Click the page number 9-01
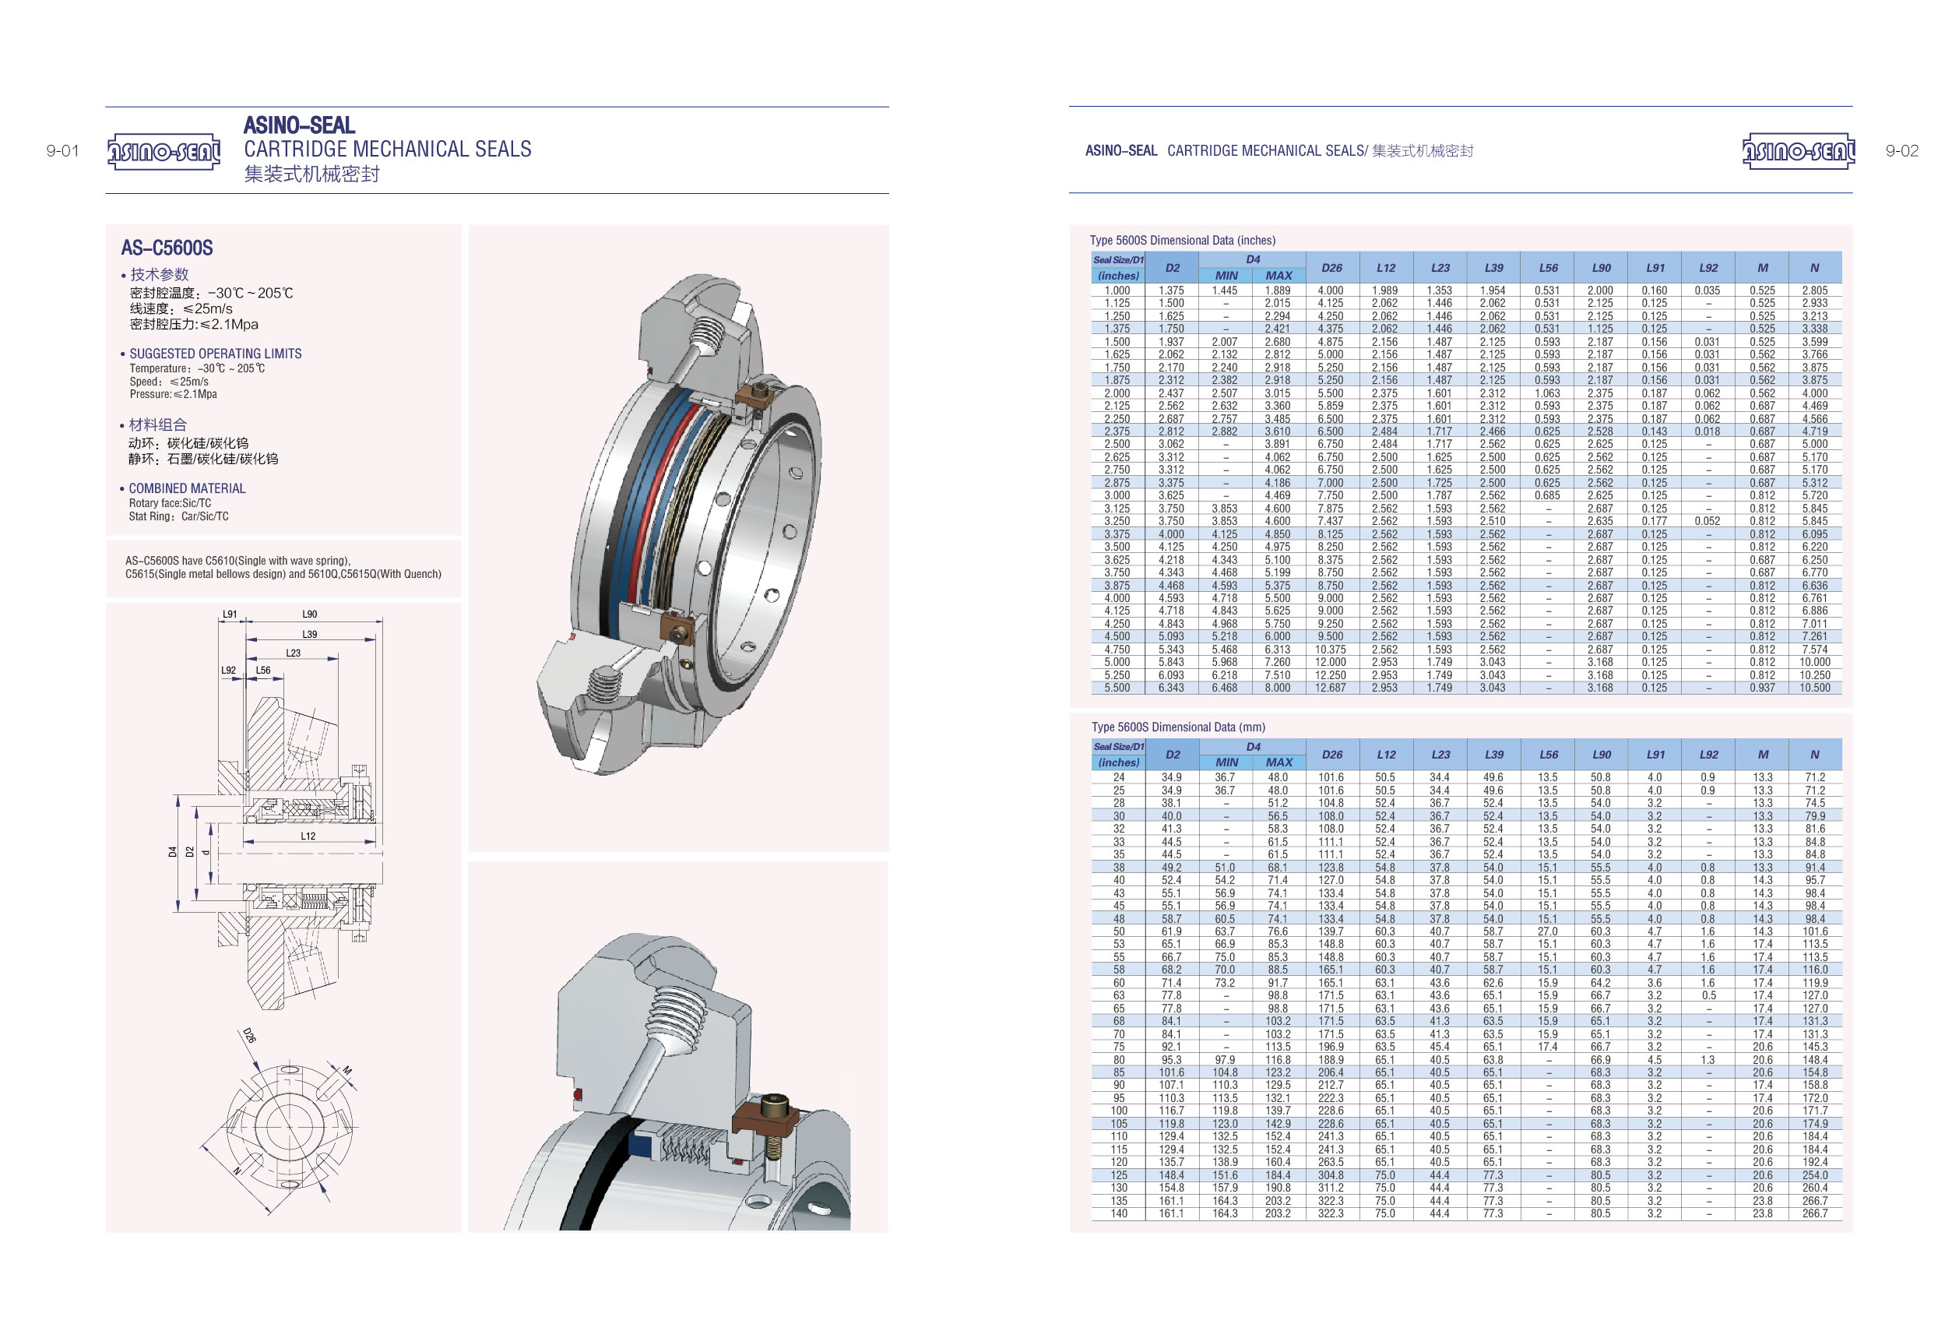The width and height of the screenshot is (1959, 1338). pyautogui.click(x=62, y=151)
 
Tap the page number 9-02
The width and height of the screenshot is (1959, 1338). pyautogui.click(x=1901, y=151)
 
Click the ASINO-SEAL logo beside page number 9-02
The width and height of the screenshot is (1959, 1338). pyautogui.click(x=1798, y=152)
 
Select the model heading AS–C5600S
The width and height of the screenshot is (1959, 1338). pyautogui.click(x=167, y=248)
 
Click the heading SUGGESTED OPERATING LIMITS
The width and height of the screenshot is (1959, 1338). pyautogui.click(x=215, y=354)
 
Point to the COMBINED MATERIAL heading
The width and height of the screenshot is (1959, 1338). pyautogui.click(x=187, y=488)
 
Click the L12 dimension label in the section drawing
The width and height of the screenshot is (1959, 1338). pyautogui.click(x=308, y=836)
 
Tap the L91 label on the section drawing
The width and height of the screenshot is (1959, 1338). pyautogui.click(x=229, y=614)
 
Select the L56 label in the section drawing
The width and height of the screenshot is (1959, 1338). pyautogui.click(x=263, y=671)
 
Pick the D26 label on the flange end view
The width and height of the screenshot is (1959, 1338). pyautogui.click(x=249, y=1034)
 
